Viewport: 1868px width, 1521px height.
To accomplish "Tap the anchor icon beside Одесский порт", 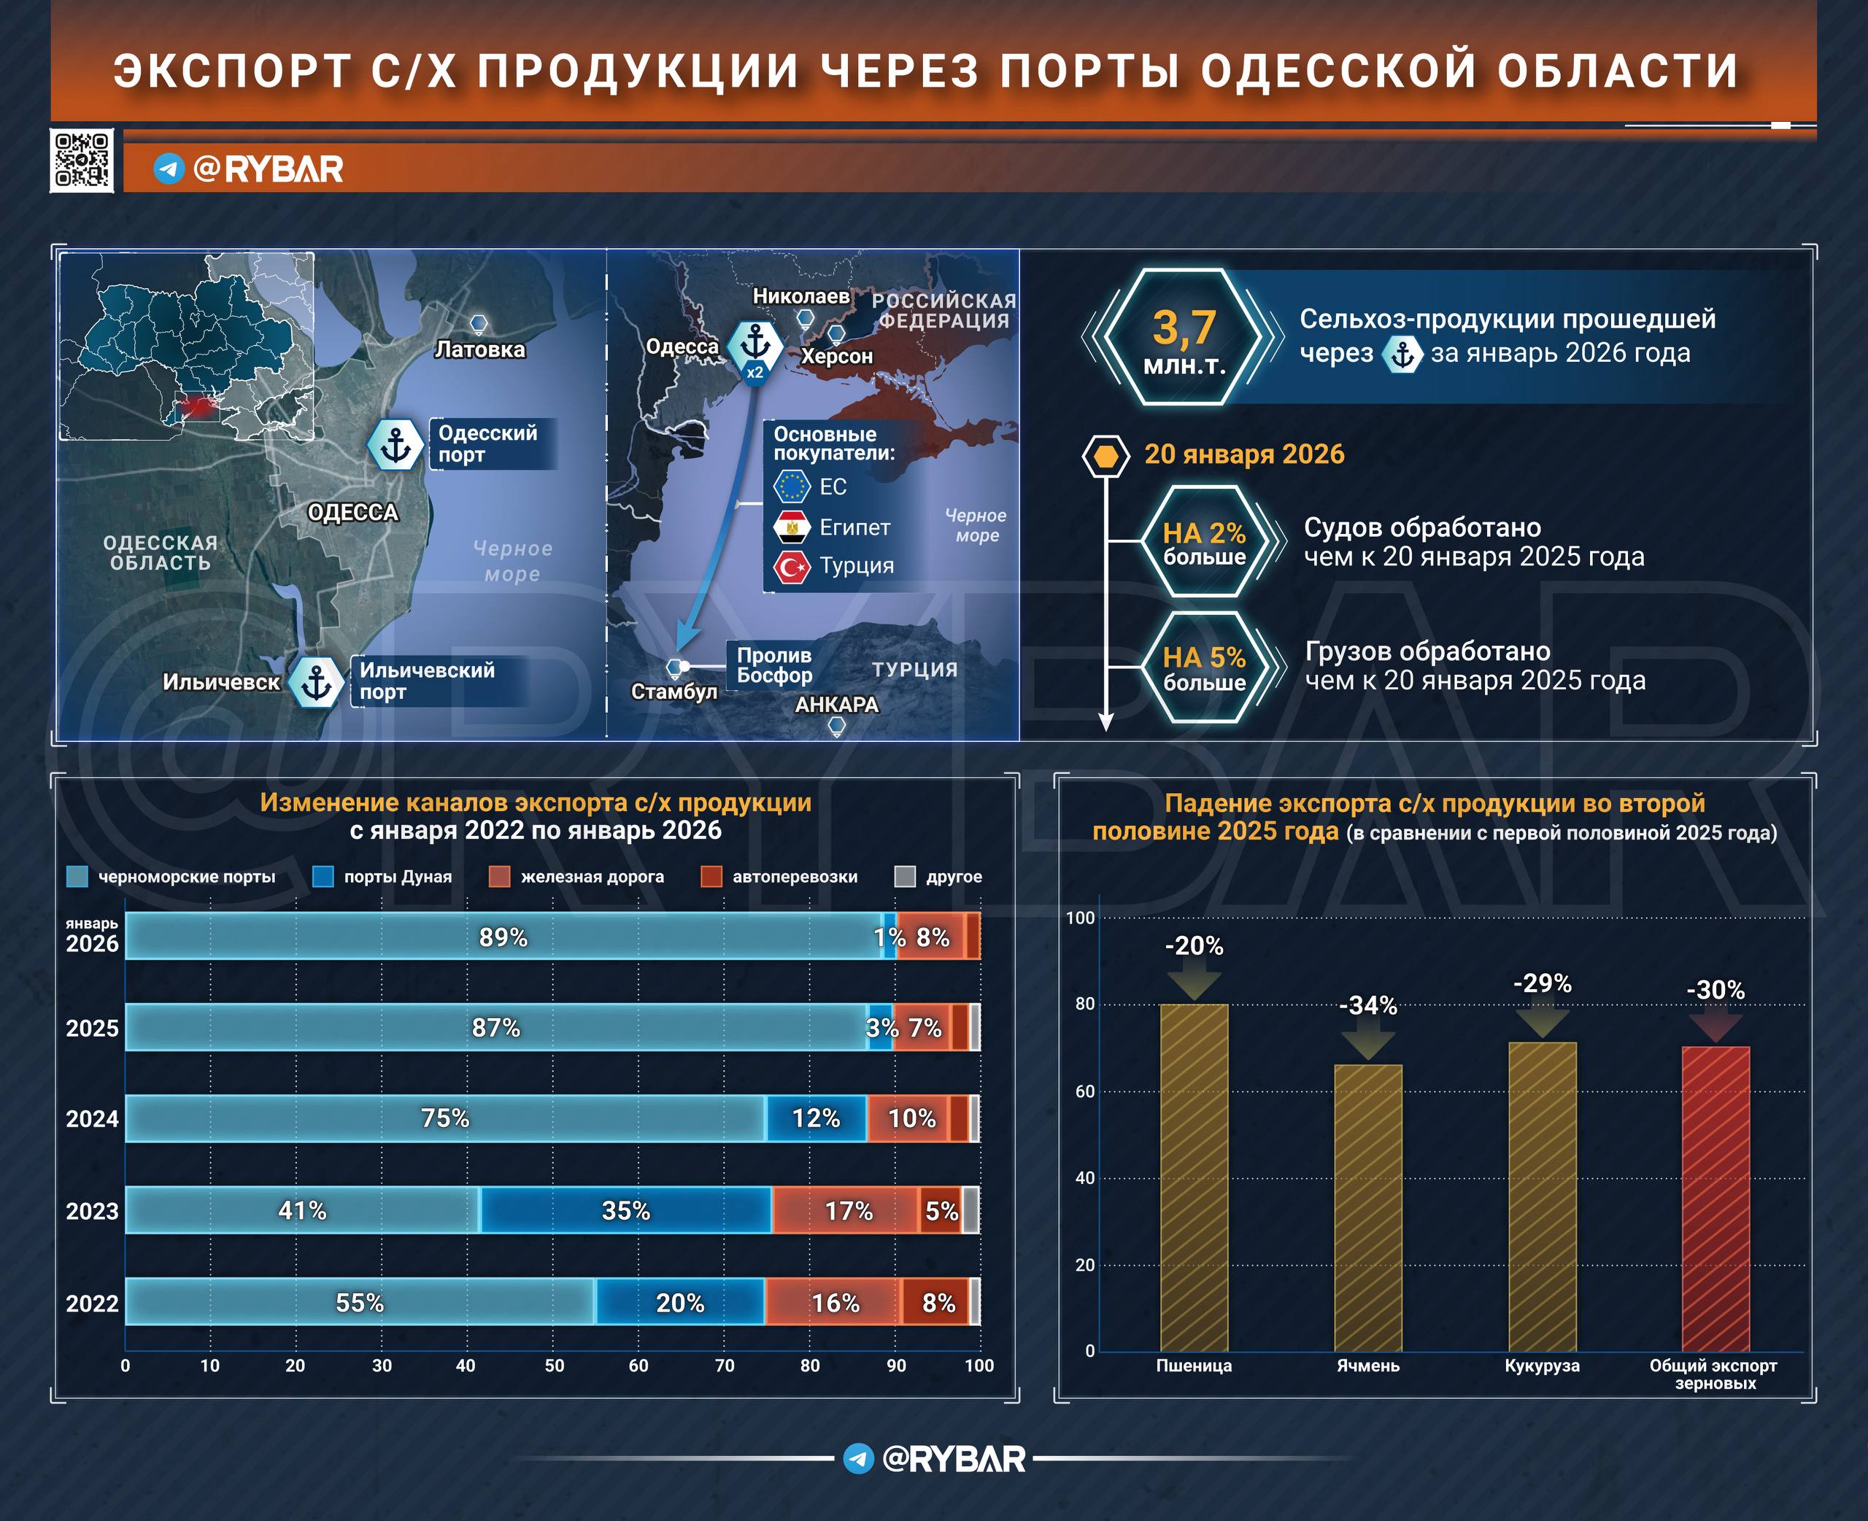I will click(395, 445).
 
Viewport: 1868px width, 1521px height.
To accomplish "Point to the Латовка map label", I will click(480, 349).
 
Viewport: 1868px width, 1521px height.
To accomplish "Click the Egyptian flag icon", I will click(792, 527).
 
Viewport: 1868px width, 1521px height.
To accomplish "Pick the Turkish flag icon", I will click(792, 567).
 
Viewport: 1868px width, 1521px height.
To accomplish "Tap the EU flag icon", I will click(792, 487).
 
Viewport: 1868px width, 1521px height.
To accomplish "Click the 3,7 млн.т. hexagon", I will click(1183, 337).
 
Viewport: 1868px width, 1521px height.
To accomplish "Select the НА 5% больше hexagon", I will click(1204, 667).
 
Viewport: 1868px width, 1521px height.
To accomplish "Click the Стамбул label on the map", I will click(674, 692).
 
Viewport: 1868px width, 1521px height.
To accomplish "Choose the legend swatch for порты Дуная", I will click(323, 877).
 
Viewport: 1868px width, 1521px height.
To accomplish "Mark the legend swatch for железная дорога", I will click(499, 877).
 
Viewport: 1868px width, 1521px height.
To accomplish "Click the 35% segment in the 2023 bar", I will click(625, 1210).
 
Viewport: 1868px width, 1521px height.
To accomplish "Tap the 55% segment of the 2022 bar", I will click(360, 1302).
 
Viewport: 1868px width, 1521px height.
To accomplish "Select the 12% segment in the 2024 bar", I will click(816, 1118).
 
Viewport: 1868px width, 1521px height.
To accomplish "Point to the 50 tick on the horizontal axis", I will click(554, 1366).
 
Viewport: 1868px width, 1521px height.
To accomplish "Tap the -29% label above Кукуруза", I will click(1542, 984).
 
